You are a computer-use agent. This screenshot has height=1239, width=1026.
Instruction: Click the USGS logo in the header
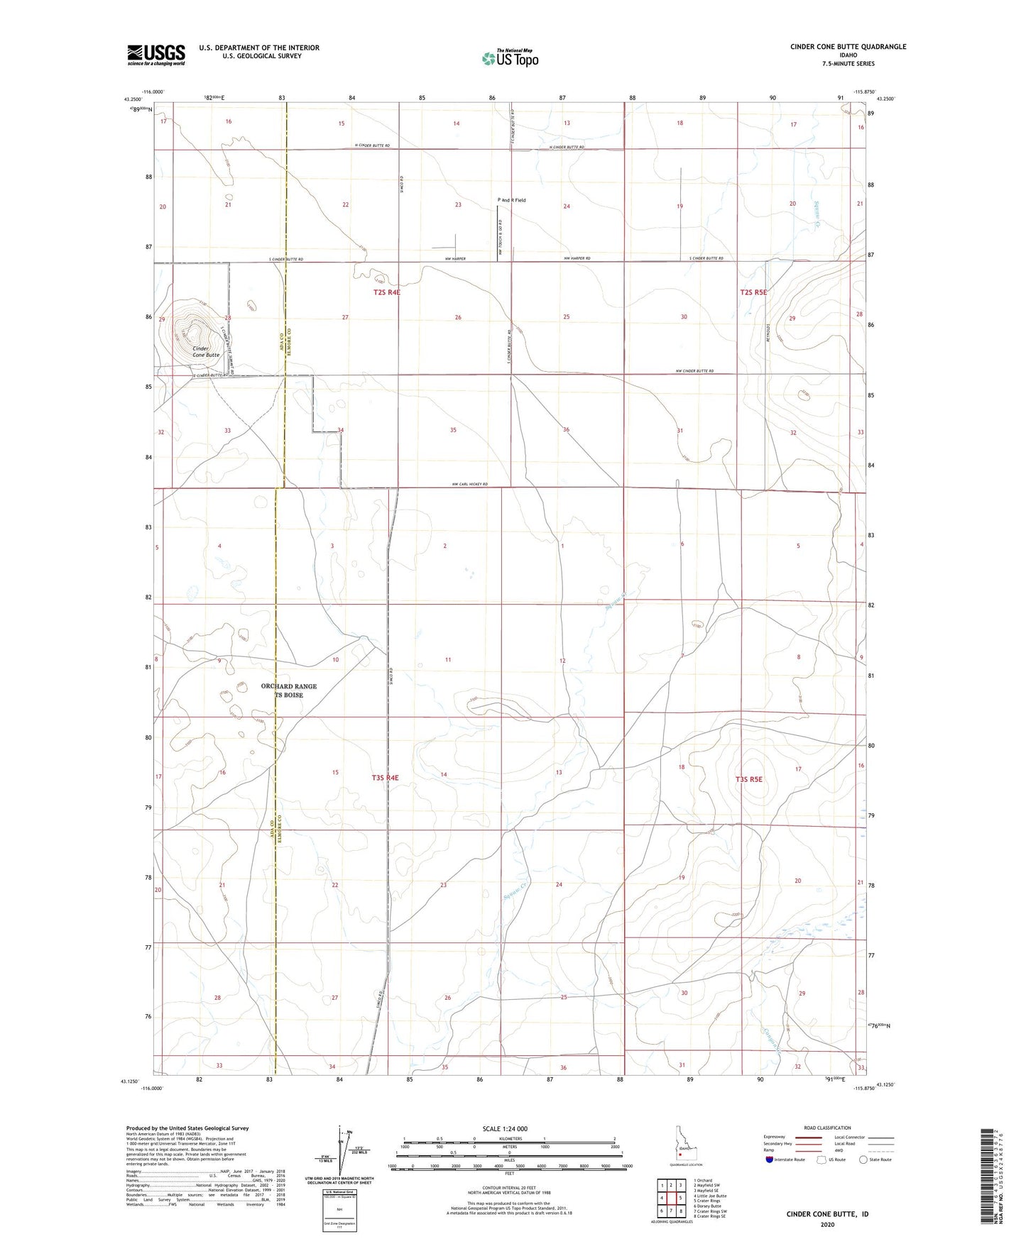pyautogui.click(x=156, y=55)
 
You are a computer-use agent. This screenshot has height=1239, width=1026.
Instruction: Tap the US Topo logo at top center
pyautogui.click(x=508, y=58)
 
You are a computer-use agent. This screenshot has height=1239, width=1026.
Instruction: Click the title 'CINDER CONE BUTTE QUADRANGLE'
pyautogui.click(x=848, y=47)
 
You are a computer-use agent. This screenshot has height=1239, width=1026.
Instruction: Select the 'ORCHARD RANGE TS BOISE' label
pyautogui.click(x=289, y=690)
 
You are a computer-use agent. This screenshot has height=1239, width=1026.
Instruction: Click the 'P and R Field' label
pyautogui.click(x=511, y=200)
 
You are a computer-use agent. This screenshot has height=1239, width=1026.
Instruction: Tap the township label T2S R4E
pyautogui.click(x=386, y=292)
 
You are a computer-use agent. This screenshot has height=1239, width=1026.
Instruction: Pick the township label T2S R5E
pyautogui.click(x=753, y=292)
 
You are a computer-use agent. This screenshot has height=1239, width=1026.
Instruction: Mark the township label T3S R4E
pyautogui.click(x=385, y=778)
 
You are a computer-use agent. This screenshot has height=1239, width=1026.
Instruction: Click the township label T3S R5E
pyautogui.click(x=748, y=779)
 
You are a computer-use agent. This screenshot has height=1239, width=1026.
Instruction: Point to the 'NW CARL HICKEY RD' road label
pyautogui.click(x=469, y=485)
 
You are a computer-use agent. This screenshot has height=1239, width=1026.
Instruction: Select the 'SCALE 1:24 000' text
pyautogui.click(x=505, y=1128)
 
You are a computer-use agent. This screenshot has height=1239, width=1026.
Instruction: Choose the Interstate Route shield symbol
pyautogui.click(x=770, y=1160)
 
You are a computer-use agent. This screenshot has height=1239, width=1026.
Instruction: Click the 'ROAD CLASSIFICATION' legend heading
pyautogui.click(x=826, y=1128)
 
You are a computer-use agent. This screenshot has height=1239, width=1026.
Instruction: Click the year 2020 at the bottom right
pyautogui.click(x=826, y=1224)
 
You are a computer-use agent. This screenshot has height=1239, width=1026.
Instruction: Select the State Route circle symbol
pyautogui.click(x=863, y=1160)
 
